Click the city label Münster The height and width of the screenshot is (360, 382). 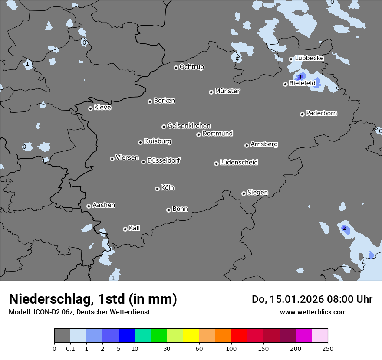click(x=227, y=91)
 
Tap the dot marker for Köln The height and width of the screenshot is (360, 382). click(x=157, y=189)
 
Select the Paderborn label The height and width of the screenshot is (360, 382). click(x=322, y=113)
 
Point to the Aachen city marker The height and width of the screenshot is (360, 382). click(x=89, y=206)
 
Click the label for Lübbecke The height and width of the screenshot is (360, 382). click(x=310, y=58)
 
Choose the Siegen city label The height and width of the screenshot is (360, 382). click(x=257, y=193)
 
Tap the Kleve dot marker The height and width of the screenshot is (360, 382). click(x=90, y=108)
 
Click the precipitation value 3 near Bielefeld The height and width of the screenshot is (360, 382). click(x=299, y=77)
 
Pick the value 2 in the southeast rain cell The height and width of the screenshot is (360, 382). click(x=345, y=228)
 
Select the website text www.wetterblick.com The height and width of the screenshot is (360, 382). click(x=313, y=312)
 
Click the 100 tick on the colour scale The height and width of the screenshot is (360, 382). click(x=231, y=348)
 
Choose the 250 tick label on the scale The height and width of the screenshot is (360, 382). click(x=328, y=348)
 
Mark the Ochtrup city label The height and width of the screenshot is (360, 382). click(x=192, y=67)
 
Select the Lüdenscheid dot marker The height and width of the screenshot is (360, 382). click(x=216, y=164)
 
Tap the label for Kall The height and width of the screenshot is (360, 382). click(x=135, y=228)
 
